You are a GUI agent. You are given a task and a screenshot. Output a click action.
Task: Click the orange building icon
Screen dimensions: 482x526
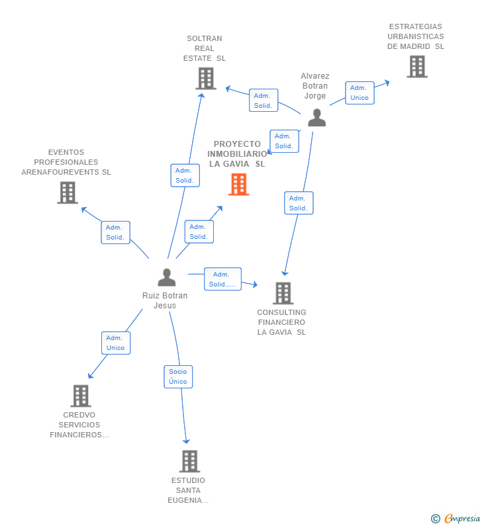point(238,184)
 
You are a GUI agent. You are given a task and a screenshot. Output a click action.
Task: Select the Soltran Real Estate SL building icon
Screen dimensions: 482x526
point(206,79)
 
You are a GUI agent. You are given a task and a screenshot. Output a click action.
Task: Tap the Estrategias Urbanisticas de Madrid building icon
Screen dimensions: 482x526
point(417,66)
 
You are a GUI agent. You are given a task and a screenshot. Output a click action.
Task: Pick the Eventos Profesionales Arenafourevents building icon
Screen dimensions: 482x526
point(68,193)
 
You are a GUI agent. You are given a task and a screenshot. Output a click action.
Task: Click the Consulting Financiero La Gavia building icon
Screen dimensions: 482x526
point(283,293)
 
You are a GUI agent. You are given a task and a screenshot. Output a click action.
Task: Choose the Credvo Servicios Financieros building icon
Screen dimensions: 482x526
point(81,396)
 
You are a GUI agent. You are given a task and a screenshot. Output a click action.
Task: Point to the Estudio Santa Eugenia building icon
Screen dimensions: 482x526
point(189,461)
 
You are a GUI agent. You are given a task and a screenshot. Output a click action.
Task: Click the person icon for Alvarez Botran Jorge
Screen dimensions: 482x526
point(317,117)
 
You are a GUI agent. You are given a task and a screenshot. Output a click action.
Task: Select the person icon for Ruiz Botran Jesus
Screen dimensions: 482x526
point(167,277)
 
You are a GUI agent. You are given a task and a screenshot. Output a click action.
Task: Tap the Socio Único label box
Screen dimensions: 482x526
point(178,376)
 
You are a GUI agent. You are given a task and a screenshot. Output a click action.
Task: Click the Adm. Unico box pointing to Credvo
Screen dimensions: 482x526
point(116,343)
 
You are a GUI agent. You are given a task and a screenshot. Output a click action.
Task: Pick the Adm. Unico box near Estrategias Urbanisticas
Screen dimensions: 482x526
point(360,93)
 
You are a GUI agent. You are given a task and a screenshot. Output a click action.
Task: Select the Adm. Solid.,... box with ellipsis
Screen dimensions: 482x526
point(222,279)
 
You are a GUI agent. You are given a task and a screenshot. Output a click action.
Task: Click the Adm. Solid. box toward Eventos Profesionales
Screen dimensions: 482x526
point(115,232)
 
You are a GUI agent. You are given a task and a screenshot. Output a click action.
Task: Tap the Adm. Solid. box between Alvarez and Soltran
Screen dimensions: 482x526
point(264,101)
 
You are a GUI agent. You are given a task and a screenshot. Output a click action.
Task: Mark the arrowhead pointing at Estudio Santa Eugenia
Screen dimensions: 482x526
point(186,441)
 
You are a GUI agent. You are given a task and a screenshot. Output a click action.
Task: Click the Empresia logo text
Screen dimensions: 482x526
point(462,518)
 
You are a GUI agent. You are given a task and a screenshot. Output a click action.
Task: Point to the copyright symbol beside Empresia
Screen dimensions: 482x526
point(436,519)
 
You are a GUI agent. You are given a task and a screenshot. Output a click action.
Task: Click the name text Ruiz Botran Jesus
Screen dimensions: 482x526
point(165,300)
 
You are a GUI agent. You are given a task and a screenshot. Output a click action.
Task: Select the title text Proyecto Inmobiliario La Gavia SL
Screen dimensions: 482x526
point(237,154)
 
